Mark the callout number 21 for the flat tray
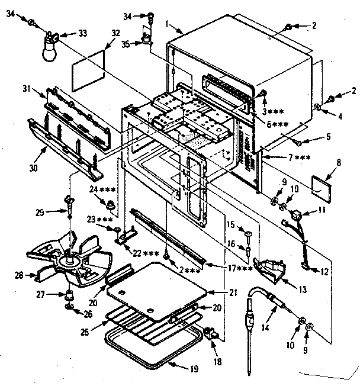[224, 293]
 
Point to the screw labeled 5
[301, 142]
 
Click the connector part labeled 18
[211, 335]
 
